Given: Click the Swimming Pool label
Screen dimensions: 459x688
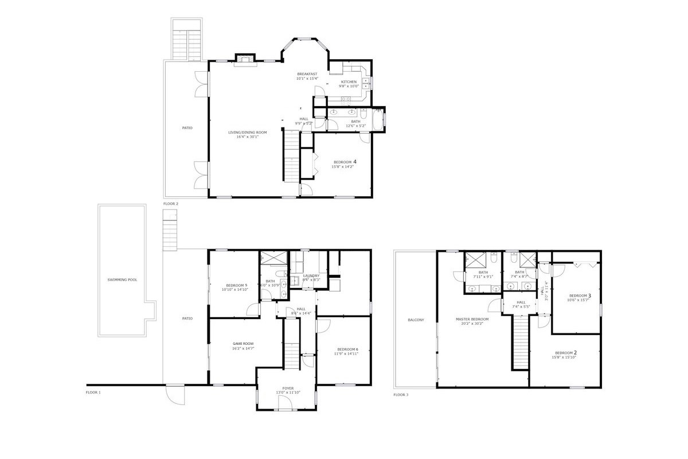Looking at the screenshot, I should [x=122, y=280].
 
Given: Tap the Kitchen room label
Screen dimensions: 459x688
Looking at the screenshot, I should [x=349, y=82].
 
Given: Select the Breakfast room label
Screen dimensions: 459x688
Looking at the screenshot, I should [x=307, y=74].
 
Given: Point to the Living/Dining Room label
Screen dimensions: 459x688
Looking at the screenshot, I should [x=244, y=133].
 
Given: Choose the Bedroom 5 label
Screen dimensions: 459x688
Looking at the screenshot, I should [x=236, y=285].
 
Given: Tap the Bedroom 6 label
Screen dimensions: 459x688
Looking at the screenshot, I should [x=347, y=349].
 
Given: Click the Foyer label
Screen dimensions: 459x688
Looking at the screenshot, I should [x=288, y=388].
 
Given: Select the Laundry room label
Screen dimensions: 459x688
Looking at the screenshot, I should [x=311, y=275].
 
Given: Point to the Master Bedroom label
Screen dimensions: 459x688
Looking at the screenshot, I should [x=472, y=319].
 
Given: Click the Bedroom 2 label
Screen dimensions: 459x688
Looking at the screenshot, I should [x=565, y=352].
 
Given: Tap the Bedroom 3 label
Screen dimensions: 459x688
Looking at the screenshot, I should [x=578, y=295].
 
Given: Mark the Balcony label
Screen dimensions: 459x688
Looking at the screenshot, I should [x=416, y=320].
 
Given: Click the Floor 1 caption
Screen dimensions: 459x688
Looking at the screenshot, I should [x=93, y=392].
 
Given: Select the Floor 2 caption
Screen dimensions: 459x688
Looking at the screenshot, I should [x=171, y=204].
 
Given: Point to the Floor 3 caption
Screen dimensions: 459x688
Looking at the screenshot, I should [x=400, y=395].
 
